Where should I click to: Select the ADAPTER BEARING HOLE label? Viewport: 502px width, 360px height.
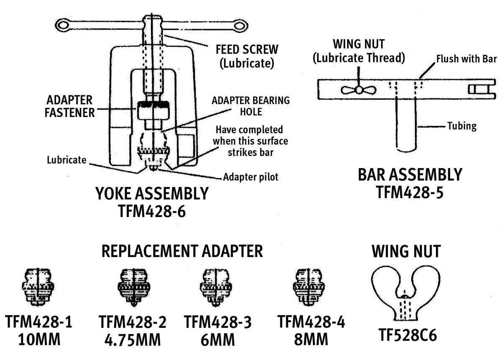pos(250,106)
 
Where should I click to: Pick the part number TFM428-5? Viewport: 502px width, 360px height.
pos(410,192)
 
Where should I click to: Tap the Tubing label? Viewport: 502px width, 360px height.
pos(461,126)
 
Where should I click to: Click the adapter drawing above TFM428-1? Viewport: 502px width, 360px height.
pos(38,287)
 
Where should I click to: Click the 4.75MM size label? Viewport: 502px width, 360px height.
pos(133,340)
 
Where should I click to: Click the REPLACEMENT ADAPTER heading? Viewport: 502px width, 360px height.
pos(182,251)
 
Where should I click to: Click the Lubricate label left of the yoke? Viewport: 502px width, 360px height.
pos(67,159)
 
